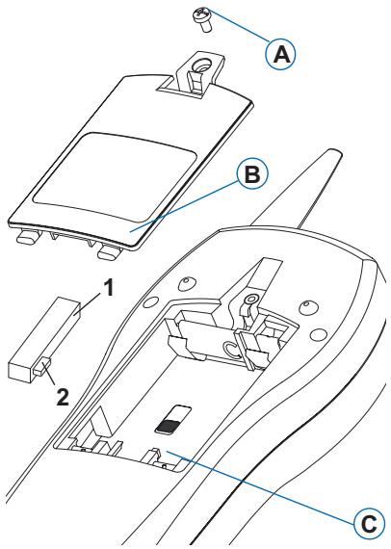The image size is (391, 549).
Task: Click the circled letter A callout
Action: point(280,55)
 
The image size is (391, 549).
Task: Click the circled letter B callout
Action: point(252,175)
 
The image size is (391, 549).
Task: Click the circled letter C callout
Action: point(368,524)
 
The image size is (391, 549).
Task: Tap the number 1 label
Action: point(108,289)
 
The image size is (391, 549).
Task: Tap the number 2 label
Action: point(63,397)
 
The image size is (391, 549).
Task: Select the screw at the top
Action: point(201,20)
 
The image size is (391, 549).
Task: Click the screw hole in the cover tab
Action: point(200,65)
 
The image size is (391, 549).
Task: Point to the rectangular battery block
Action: point(43,339)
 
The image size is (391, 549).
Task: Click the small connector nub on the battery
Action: point(42,366)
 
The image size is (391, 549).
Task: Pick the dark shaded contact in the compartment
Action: point(169,426)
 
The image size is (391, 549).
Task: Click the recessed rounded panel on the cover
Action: point(114,177)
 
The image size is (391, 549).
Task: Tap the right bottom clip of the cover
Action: point(109,251)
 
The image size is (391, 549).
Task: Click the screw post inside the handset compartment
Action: point(249,300)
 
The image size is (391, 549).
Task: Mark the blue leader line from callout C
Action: point(261,487)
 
